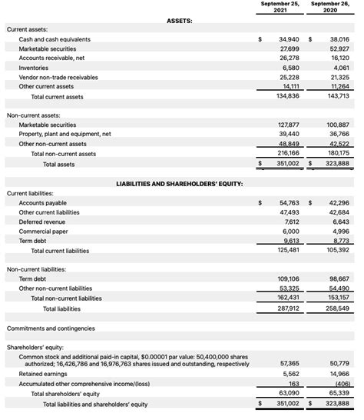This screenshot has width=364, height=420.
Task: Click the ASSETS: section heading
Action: coord(179,21)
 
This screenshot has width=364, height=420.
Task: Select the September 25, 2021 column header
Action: coord(280,8)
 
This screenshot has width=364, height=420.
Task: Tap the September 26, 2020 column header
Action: coord(330,8)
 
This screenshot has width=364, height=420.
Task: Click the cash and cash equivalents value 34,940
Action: coord(289,39)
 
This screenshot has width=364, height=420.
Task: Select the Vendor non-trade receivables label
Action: coord(58,77)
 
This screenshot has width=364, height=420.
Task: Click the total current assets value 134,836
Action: coord(287,96)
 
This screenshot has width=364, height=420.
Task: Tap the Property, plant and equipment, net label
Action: coord(65,134)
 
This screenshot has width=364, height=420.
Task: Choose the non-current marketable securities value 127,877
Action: coord(287,125)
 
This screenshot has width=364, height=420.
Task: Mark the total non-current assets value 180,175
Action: coord(337,153)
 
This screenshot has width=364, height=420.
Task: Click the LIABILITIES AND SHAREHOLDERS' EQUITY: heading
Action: coord(180,184)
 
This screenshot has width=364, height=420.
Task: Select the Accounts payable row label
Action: coord(42,203)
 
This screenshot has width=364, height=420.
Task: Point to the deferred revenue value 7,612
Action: coord(291,222)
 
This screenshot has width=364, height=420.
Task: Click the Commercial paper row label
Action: coord(44,231)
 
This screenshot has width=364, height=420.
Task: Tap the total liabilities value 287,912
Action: coord(287,308)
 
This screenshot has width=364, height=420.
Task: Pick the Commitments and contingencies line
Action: coord(51,328)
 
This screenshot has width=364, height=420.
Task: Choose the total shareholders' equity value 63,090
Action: coord(289,393)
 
